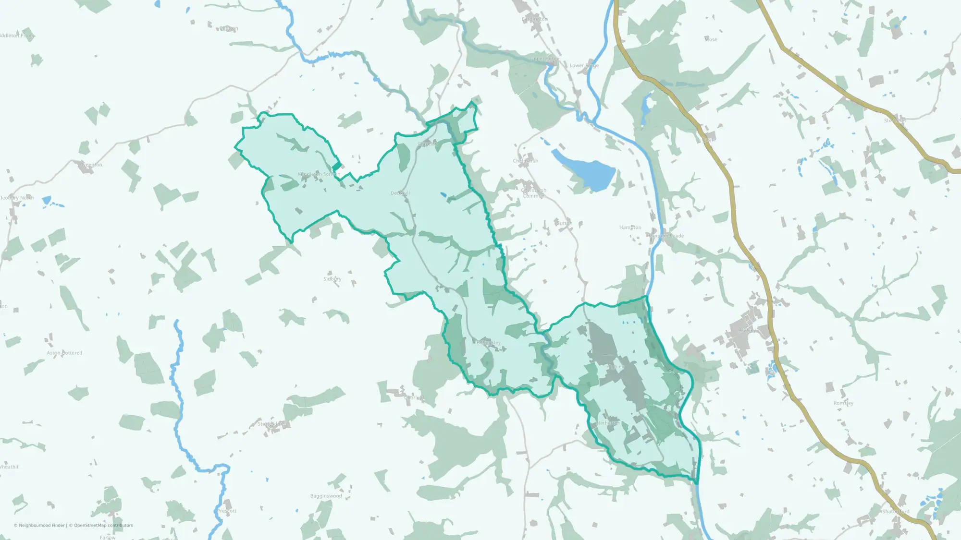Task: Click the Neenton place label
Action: [92, 165]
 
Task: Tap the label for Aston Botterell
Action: [64, 353]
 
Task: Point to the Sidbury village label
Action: [333, 279]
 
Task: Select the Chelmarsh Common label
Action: [533, 193]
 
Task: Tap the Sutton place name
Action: [564, 223]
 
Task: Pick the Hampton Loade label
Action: [665, 236]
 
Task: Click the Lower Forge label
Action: [584, 65]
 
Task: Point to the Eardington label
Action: [535, 19]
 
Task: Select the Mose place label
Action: [711, 39]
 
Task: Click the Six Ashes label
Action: [895, 120]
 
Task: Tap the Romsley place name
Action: [844, 403]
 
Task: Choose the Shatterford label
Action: [896, 511]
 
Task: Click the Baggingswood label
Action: [326, 496]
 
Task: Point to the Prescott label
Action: [227, 511]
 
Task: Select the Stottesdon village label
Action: [271, 424]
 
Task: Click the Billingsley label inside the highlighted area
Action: [489, 343]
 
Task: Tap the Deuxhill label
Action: [400, 193]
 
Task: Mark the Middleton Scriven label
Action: [319, 174]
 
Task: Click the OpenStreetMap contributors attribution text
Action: [103, 525]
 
